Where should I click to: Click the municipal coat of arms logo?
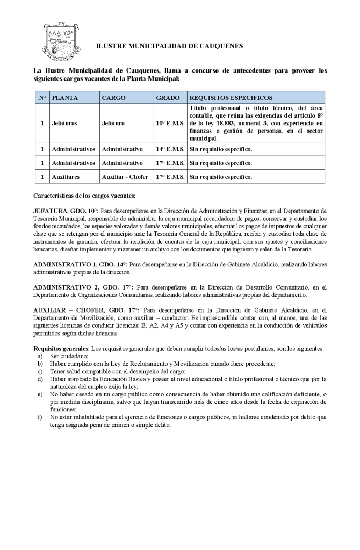point(56,41)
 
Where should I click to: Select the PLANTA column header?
point(65,98)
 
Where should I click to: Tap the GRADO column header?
point(168,98)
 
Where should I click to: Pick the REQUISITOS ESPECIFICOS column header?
point(231,98)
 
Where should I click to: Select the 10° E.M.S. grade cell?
point(170,123)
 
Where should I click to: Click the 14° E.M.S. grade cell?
point(170,149)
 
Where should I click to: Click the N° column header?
point(42,98)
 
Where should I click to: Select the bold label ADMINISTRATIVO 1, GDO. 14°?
point(80,265)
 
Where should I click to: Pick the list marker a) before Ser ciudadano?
point(40,356)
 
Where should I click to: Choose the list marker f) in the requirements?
point(40,417)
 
